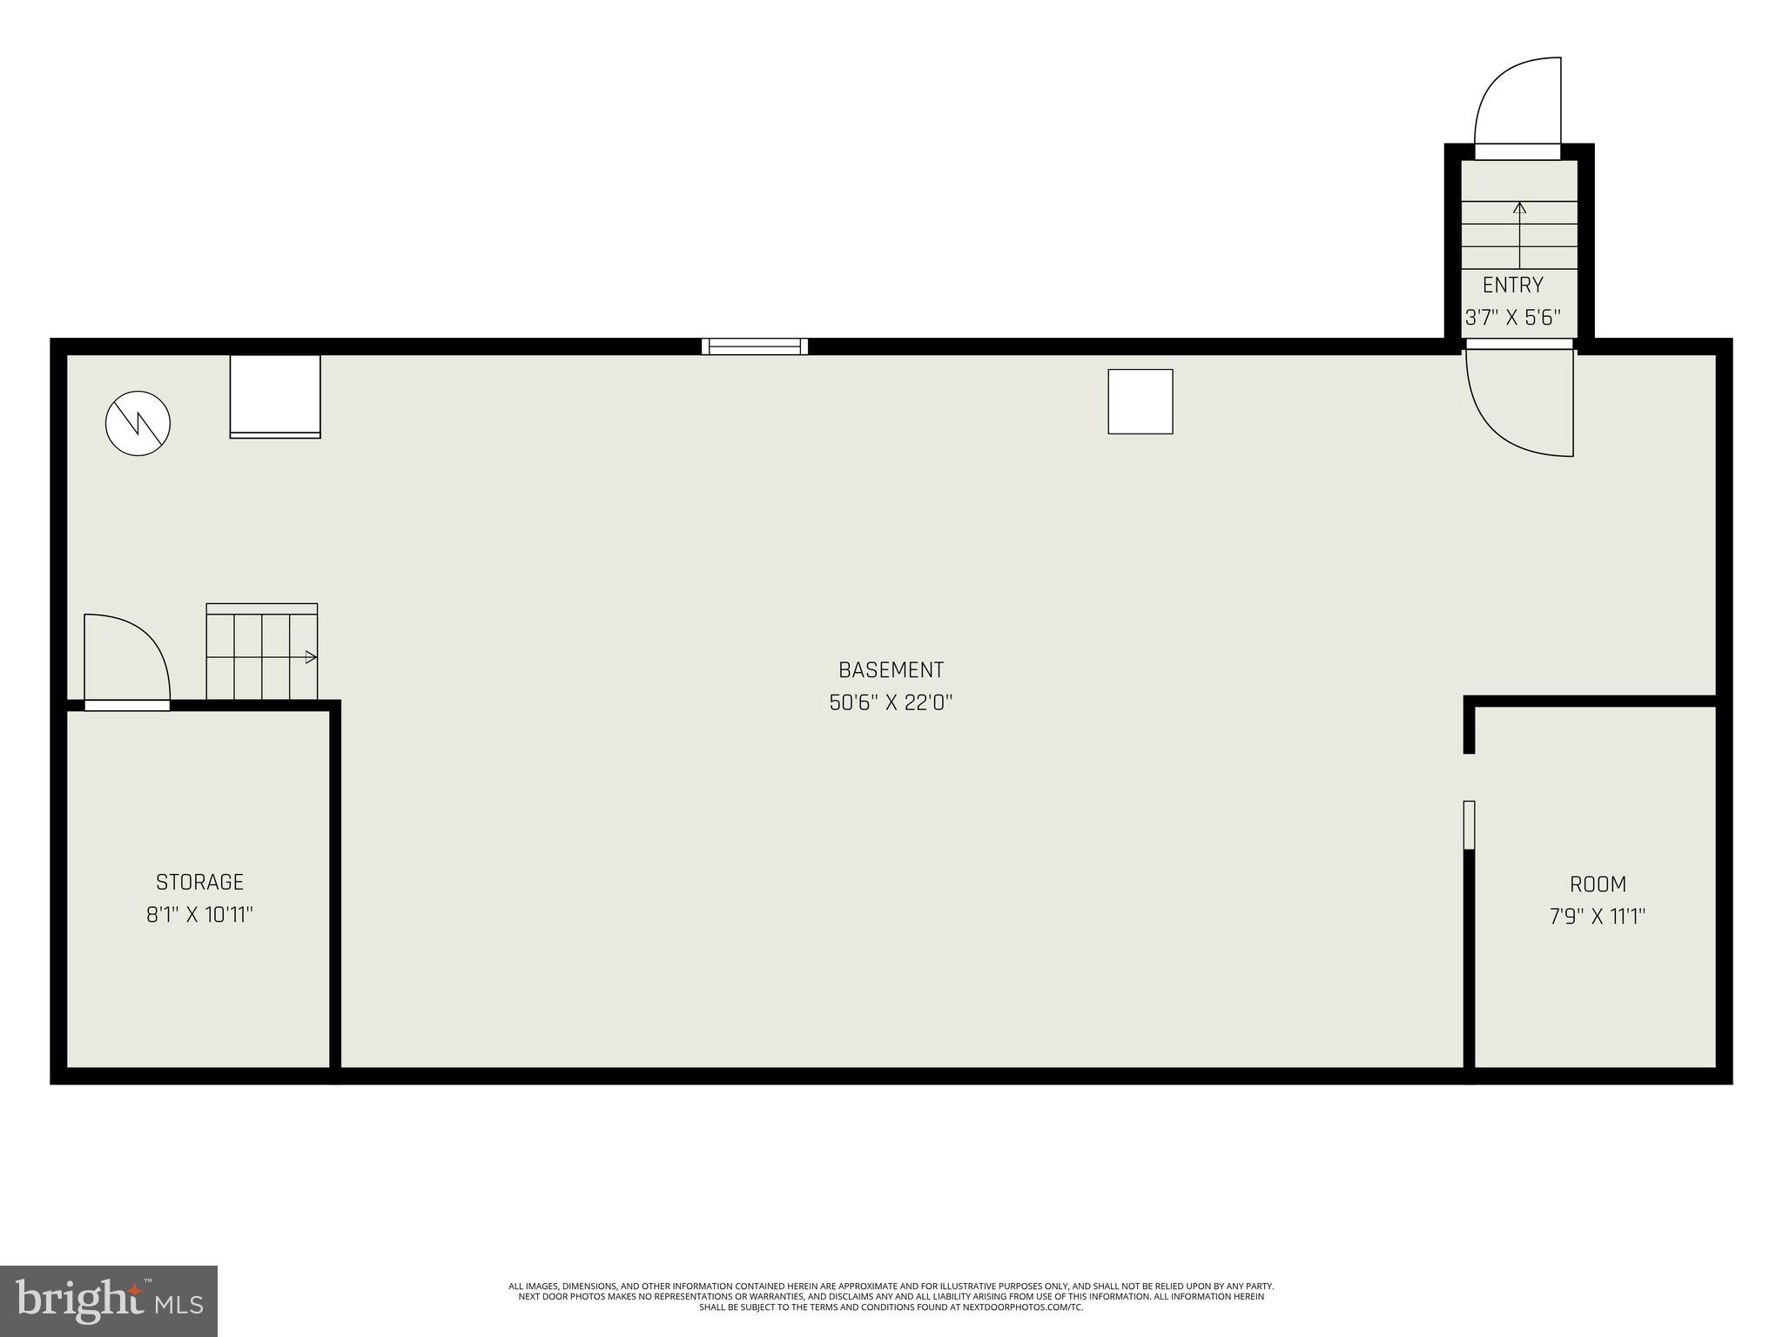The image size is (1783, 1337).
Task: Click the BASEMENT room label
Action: coord(891,669)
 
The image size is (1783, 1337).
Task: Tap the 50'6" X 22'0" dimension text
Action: coord(891,702)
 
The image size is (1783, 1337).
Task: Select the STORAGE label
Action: coord(199,882)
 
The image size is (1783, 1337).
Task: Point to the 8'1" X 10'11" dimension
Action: coord(199,915)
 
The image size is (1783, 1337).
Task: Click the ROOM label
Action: coord(1598,884)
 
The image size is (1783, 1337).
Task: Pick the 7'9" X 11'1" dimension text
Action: coord(1598,917)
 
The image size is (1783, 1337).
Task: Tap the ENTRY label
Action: coord(1513,285)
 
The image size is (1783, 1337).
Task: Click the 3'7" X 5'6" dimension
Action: coord(1513,318)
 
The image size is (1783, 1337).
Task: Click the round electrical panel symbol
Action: coord(138,424)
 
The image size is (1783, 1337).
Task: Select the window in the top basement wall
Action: coord(755,346)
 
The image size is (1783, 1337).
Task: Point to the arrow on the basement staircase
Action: coord(309,657)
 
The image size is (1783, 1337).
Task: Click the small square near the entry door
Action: coord(1140,401)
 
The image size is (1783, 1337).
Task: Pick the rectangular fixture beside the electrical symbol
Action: coord(275,396)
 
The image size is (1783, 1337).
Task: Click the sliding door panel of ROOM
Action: coord(1469,824)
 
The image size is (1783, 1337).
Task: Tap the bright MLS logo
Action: coord(109,1300)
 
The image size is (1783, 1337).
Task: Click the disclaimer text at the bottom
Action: coord(891,1296)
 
